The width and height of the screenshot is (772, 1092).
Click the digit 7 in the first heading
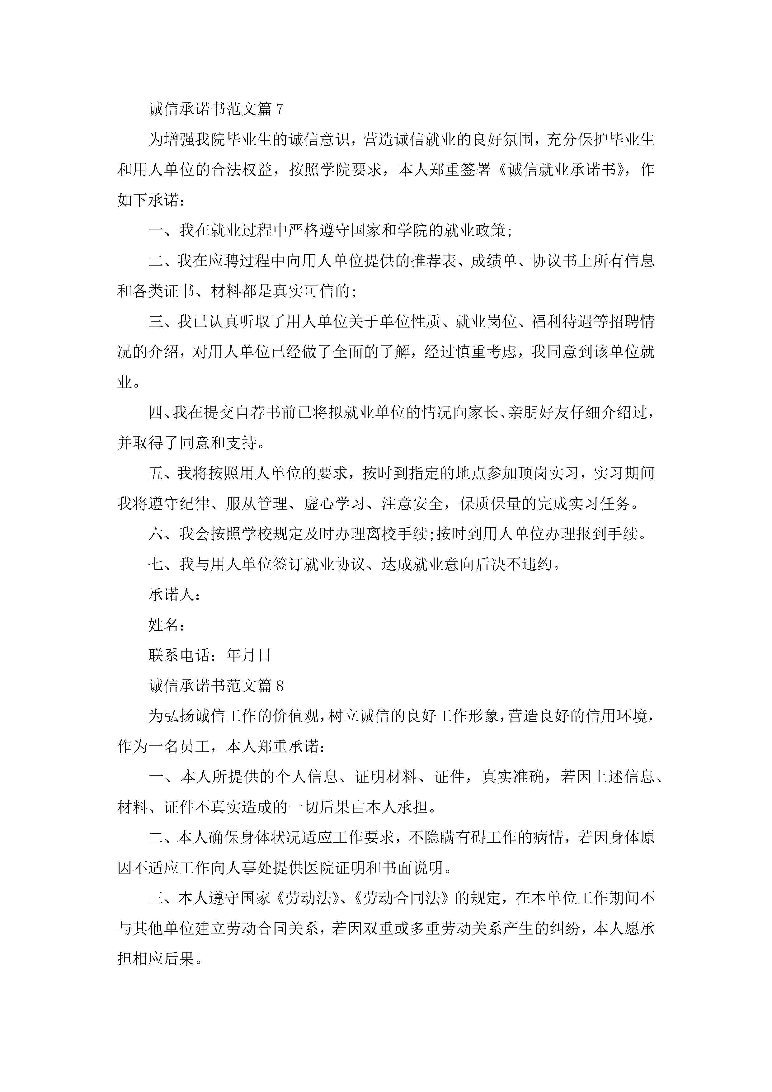[x=279, y=109]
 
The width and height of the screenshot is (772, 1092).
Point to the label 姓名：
[x=167, y=625]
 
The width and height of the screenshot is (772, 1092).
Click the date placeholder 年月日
[x=249, y=655]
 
